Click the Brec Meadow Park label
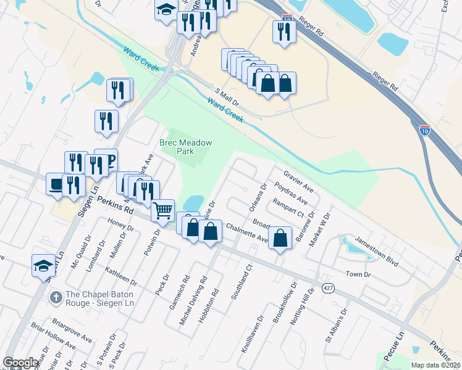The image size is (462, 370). pyautogui.click(x=186, y=147)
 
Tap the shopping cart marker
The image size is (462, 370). pyautogui.click(x=162, y=210)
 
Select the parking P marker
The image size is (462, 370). pyautogui.click(x=106, y=161)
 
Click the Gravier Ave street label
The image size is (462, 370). pyautogui.click(x=299, y=181)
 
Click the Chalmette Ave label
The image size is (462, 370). pyautogui.click(x=247, y=234)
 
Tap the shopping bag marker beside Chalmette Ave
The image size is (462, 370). pyautogui.click(x=280, y=237)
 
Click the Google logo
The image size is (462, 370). pyautogui.click(x=21, y=363)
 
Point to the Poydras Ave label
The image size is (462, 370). pyautogui.click(x=291, y=192)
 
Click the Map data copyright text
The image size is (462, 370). pyautogui.click(x=435, y=365)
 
